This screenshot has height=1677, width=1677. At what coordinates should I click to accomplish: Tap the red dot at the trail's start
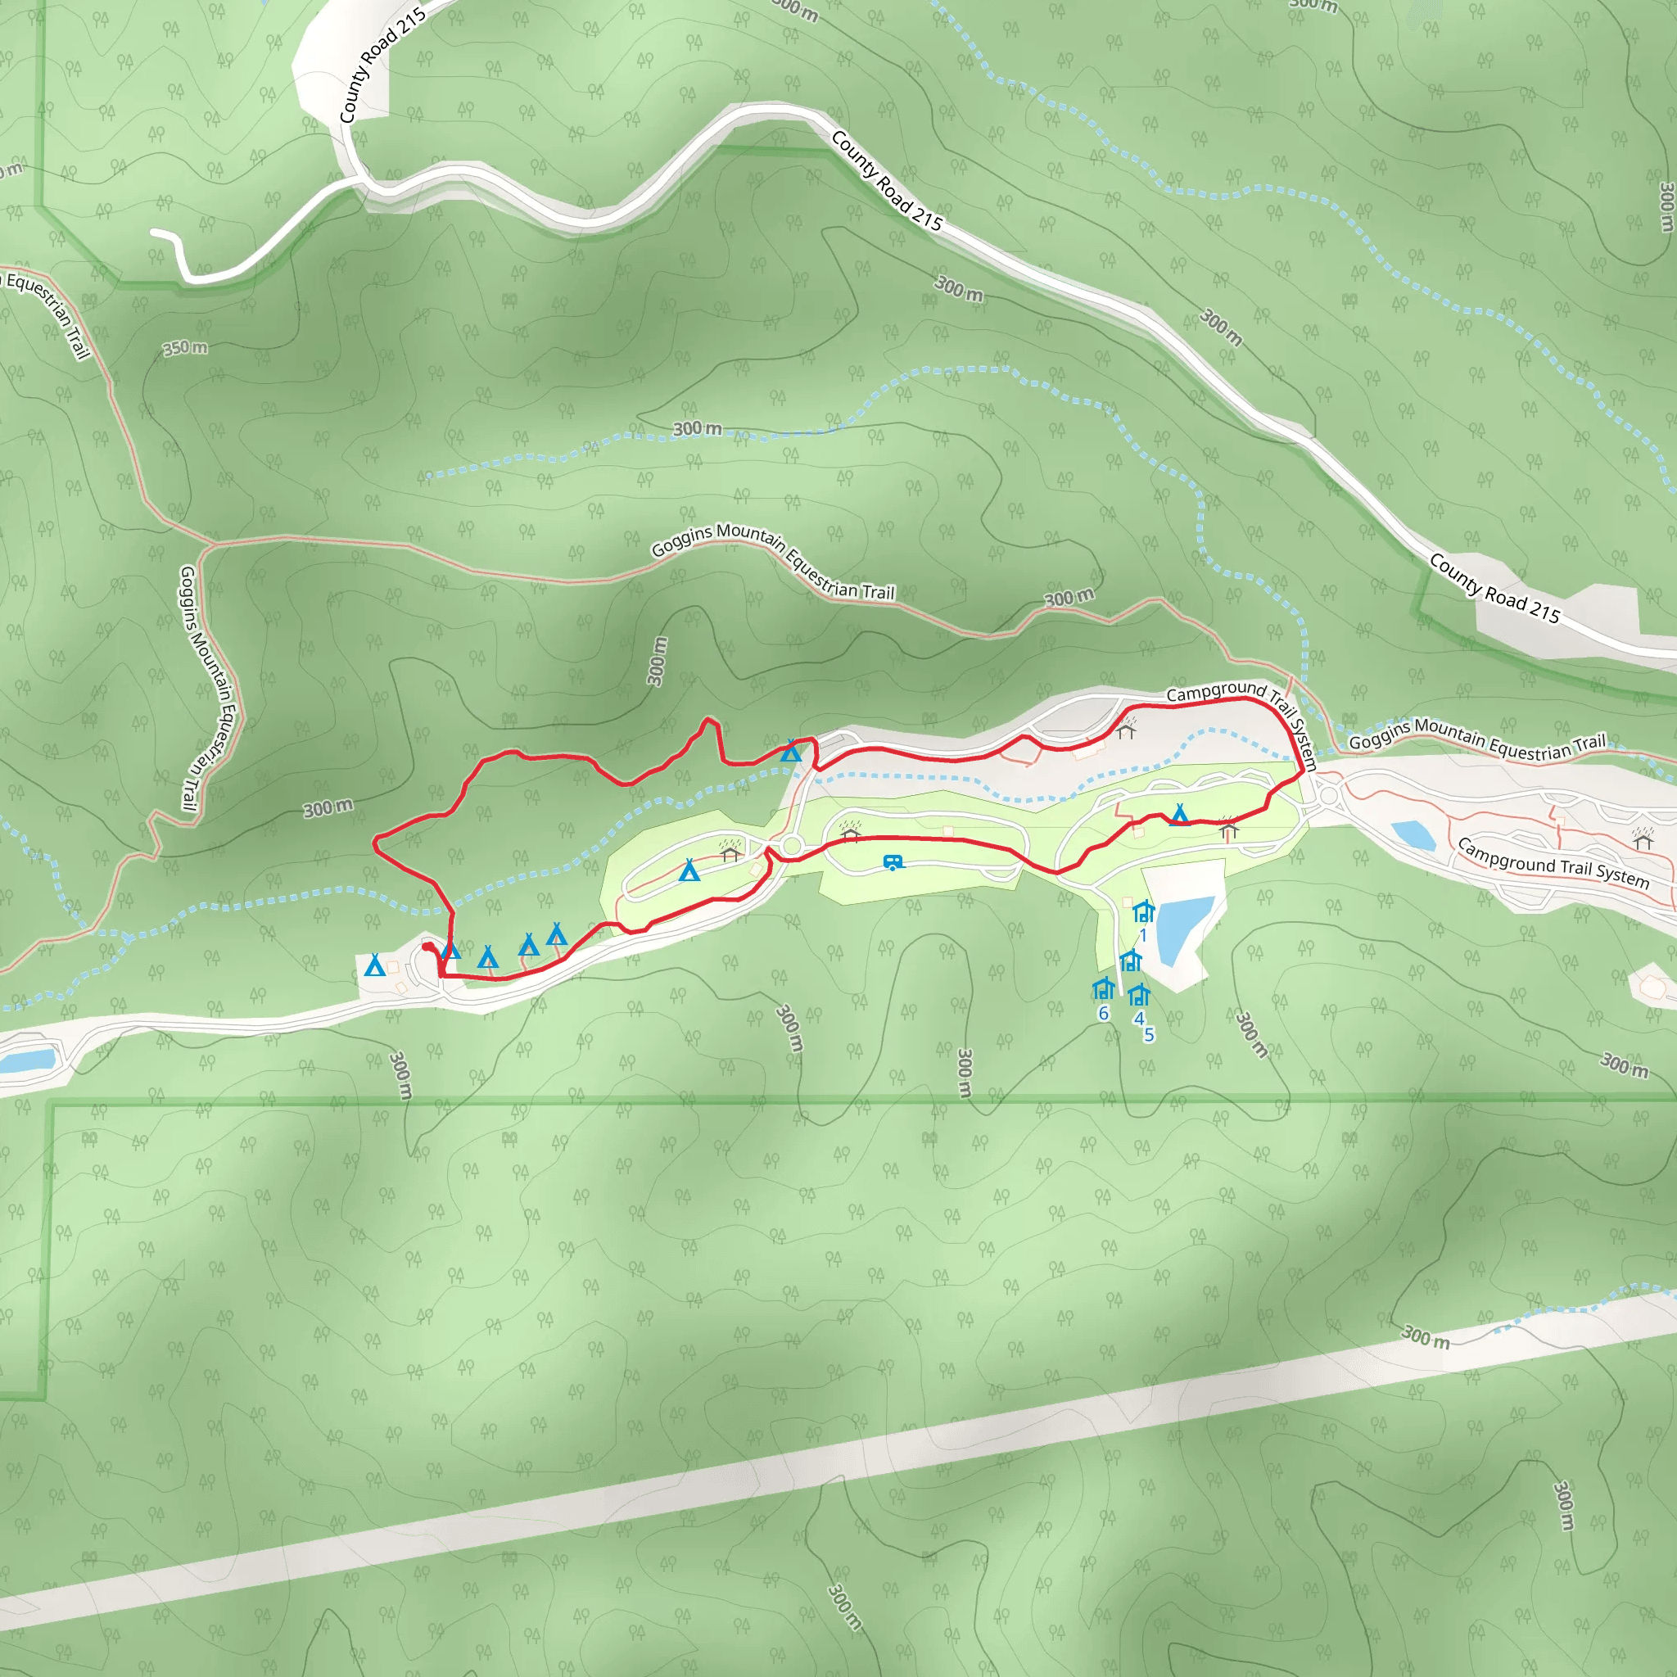[427, 946]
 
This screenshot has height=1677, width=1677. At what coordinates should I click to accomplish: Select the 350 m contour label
[185, 348]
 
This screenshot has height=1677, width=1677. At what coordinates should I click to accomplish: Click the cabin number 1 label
[1143, 936]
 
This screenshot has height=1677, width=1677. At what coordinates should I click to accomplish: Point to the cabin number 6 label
[1103, 1013]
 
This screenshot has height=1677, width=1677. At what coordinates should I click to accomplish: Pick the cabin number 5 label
[1149, 1034]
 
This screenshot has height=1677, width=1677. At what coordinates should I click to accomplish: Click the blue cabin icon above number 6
[1103, 988]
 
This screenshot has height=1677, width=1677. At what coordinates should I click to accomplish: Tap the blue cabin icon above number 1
[1143, 911]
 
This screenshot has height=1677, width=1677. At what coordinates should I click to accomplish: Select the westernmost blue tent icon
[375, 965]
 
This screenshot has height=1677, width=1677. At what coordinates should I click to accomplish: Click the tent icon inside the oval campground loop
[689, 870]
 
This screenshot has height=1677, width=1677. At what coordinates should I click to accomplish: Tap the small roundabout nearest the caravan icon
[791, 844]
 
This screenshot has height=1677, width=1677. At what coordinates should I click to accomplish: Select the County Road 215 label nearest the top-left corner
[382, 66]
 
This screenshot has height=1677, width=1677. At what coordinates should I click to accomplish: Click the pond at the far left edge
[26, 1060]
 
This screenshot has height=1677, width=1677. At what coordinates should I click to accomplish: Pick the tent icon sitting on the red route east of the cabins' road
[1179, 814]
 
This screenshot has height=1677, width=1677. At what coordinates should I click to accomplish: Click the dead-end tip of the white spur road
[155, 233]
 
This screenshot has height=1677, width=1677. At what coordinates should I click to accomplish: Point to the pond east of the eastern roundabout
[1413, 835]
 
